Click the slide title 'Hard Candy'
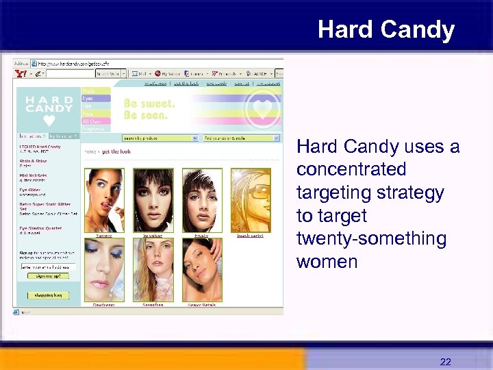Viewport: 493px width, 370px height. tap(385, 30)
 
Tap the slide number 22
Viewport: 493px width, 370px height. tap(445, 362)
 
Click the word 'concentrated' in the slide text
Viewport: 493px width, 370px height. tap(351, 169)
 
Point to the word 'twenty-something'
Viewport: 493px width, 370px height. tap(371, 238)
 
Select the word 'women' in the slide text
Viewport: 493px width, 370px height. tap(327, 262)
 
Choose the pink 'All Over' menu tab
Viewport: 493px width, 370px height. tap(95, 121)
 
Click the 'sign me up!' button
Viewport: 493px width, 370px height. tap(48, 275)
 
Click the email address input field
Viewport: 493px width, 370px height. tap(47, 266)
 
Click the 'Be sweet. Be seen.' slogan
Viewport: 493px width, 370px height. tap(149, 110)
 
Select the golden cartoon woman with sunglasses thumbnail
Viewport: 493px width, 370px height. tap(250, 201)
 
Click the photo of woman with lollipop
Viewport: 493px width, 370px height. tap(103, 201)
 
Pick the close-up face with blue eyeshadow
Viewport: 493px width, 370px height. tap(103, 269)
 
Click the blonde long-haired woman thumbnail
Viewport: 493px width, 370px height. tap(153, 269)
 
